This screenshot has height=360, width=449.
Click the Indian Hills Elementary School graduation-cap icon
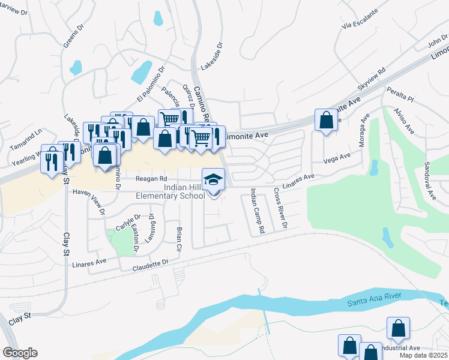pos(214,179)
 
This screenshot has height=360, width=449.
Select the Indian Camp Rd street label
pos(257,211)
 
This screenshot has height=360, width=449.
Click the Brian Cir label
pos(178,239)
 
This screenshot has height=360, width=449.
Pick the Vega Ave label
pos(337,158)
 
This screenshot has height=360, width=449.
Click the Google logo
pos(20,353)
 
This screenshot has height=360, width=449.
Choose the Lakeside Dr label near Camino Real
pos(211,56)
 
